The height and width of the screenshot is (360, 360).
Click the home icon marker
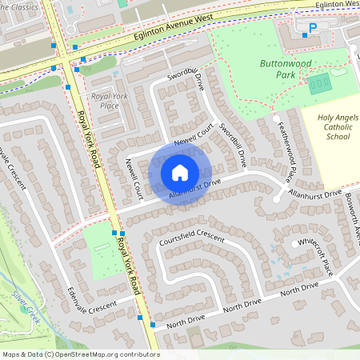point(180,172)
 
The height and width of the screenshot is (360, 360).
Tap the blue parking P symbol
point(313,28)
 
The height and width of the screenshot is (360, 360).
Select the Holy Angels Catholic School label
point(333,127)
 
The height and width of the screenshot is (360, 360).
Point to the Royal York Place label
point(110,102)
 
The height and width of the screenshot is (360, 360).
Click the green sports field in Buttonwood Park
point(320,82)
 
